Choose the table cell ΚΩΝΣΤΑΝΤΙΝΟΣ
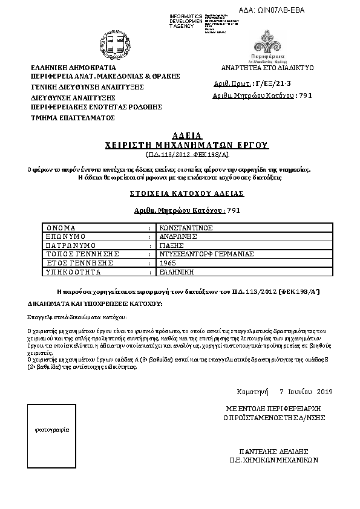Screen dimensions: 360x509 pos(184,228)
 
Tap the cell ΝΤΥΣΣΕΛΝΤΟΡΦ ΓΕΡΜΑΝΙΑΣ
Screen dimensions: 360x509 pos(197,254)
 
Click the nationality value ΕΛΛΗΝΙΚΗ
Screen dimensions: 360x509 pos(174,273)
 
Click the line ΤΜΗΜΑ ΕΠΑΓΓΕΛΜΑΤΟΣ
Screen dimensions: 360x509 pos(73,118)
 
